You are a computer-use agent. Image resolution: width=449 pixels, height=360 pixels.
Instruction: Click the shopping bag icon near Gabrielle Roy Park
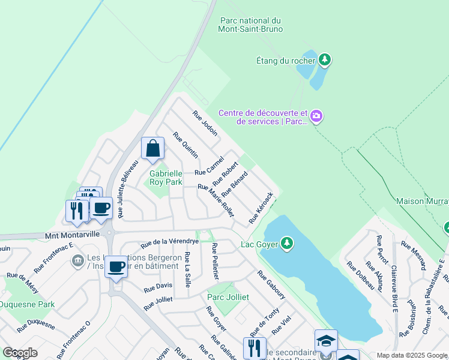pyautogui.click(x=152, y=149)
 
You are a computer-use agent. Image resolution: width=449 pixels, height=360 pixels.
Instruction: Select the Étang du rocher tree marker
pyautogui.click(x=325, y=59)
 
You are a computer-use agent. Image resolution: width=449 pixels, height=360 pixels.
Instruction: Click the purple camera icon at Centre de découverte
pyautogui.click(x=316, y=116)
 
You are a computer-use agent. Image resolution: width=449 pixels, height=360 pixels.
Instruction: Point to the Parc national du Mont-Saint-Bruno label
pyautogui.click(x=251, y=25)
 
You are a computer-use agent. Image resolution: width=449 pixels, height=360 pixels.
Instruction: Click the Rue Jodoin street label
pyautogui.click(x=205, y=124)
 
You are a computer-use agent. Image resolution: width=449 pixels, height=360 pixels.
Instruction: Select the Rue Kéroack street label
pyautogui.click(x=261, y=208)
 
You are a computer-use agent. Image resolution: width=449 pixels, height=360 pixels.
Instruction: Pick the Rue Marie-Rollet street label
pyautogui.click(x=215, y=200)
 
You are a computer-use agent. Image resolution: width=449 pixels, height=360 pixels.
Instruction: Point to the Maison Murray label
pyautogui.click(x=422, y=202)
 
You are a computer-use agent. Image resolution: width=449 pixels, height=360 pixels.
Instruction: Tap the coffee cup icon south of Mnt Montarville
pyautogui.click(x=116, y=267)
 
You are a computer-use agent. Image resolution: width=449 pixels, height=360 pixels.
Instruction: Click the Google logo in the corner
pyautogui.click(x=20, y=353)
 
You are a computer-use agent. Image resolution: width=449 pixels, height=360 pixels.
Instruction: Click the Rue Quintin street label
pyautogui.click(x=185, y=146)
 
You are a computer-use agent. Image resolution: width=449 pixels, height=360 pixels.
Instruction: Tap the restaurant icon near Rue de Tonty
pyautogui.click(x=255, y=347)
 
